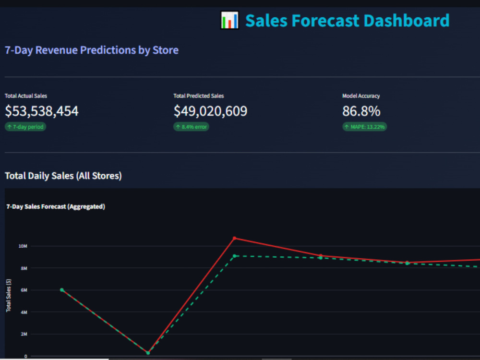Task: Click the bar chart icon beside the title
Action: pos(229,20)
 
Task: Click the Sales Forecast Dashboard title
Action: pos(347,21)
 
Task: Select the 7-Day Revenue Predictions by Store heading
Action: pos(92,50)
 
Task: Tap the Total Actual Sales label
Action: pos(26,96)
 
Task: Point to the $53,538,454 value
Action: pos(42,111)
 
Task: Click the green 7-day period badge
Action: pos(25,127)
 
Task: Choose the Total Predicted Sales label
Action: pos(198,96)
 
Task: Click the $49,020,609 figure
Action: pos(210,111)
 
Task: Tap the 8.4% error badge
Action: pos(192,127)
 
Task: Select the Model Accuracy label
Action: pos(361,96)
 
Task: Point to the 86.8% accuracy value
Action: pos(361,111)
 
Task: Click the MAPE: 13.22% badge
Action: pos(365,127)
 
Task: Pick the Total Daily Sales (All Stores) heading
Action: pos(63,176)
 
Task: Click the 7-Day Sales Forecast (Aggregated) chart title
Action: pos(56,206)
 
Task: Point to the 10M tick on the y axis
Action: pos(23,246)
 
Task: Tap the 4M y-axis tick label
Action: pos(24,312)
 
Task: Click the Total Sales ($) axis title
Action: pos(9,295)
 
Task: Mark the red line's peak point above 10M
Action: pos(235,238)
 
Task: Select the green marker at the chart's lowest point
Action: pos(148,353)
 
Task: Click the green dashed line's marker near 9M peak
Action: pos(235,256)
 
